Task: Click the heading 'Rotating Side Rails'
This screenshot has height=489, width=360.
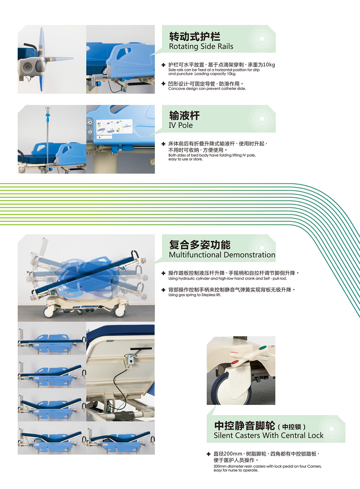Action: pyautogui.click(x=201, y=46)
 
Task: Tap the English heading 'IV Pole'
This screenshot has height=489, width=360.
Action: pyautogui.click(x=181, y=125)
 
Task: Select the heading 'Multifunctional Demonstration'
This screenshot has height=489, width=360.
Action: pyautogui.click(x=222, y=255)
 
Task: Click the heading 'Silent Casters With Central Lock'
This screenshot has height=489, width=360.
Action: pyautogui.click(x=269, y=436)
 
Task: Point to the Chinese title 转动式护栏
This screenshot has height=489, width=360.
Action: pyautogui.click(x=195, y=36)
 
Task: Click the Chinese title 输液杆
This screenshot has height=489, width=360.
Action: pyautogui.click(x=184, y=115)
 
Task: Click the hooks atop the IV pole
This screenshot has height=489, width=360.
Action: pyautogui.click(x=48, y=109)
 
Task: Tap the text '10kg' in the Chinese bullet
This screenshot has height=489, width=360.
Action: pyautogui.click(x=269, y=65)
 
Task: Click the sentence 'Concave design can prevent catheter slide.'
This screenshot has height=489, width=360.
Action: pyautogui.click(x=207, y=89)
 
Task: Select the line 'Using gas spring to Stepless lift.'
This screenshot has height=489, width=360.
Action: pyautogui.click(x=195, y=295)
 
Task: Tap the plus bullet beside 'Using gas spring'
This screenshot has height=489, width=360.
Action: pyautogui.click(x=163, y=290)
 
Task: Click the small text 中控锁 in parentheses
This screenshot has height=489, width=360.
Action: pyautogui.click(x=292, y=427)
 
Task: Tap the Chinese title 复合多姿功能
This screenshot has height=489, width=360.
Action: pyautogui.click(x=200, y=245)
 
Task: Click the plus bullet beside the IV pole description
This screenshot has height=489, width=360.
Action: pyautogui.click(x=163, y=144)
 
